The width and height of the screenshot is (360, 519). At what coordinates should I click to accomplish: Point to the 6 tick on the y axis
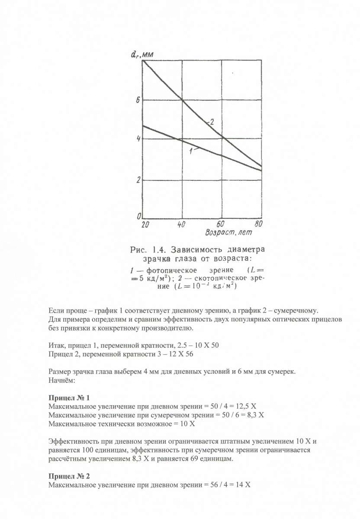(138, 100)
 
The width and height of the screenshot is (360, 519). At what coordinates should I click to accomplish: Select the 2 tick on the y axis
(138, 180)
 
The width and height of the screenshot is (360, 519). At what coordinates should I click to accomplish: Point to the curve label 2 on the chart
(212, 122)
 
